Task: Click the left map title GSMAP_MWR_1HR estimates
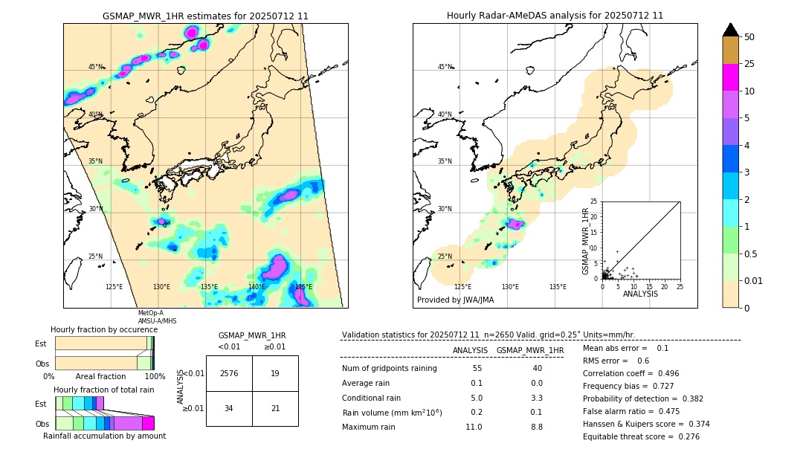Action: tap(205, 16)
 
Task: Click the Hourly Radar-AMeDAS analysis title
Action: tap(555, 16)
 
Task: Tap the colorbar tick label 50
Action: tap(749, 37)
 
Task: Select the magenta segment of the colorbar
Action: tap(730, 77)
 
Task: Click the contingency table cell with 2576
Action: tap(229, 373)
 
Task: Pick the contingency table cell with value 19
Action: tap(275, 373)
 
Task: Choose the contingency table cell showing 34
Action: tap(229, 408)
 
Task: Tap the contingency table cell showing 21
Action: tap(275, 408)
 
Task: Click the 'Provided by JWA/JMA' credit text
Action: tap(455, 300)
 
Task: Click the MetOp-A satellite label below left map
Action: tap(151, 313)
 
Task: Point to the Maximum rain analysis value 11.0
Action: tap(474, 427)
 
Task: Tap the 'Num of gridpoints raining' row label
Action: tap(390, 368)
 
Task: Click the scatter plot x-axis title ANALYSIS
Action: tap(640, 294)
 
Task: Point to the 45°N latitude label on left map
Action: tap(96, 67)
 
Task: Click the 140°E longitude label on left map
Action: tap(257, 287)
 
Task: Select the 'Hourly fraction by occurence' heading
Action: tap(104, 329)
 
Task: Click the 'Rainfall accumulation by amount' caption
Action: tap(104, 436)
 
